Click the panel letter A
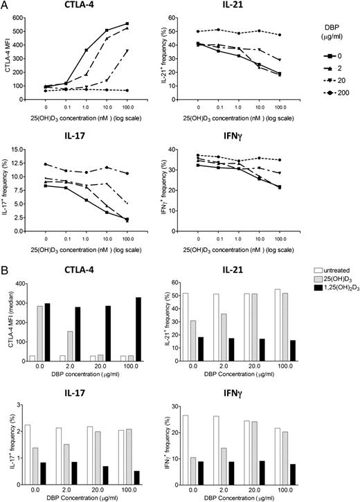(5, 6)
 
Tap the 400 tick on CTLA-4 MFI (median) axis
(30, 284)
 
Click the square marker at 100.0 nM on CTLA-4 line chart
(146, 24)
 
